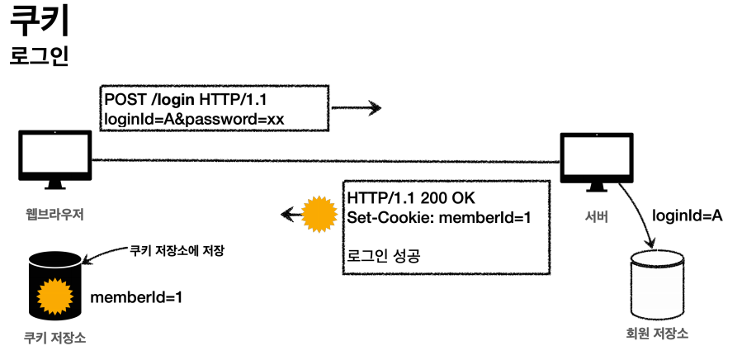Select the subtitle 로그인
pyautogui.click(x=39, y=56)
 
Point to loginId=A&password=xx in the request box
pyautogui.click(x=194, y=119)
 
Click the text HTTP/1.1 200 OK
pyautogui.click(x=411, y=200)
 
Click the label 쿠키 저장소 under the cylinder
pyautogui.click(x=54, y=339)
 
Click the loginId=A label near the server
pyautogui.click(x=687, y=216)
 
